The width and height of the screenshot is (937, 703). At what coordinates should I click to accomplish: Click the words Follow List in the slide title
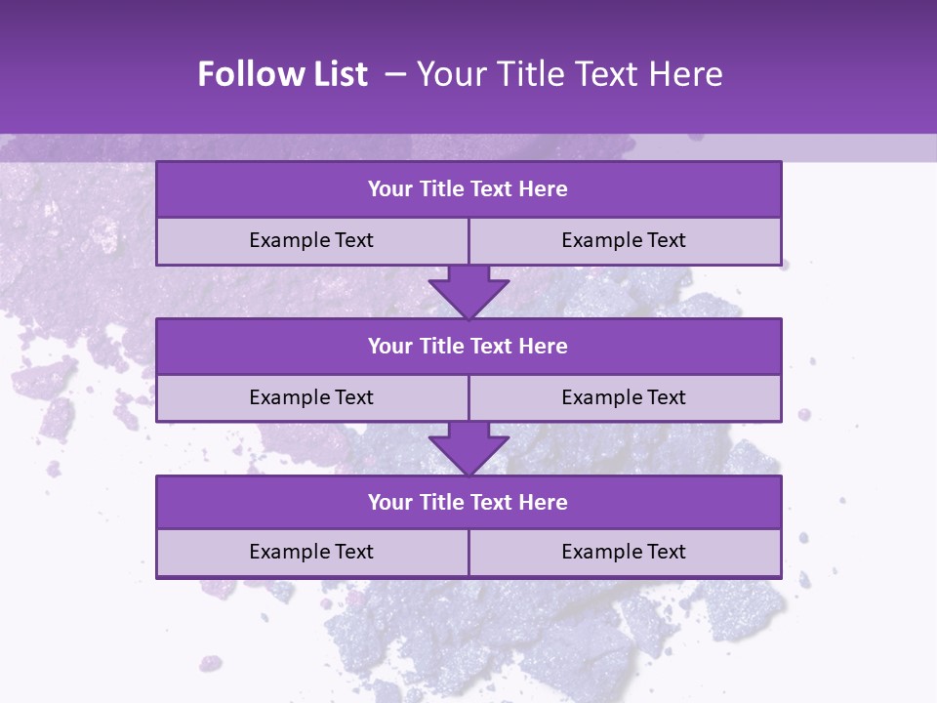pyautogui.click(x=282, y=74)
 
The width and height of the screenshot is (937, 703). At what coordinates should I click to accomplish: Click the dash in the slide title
pyautogui.click(x=395, y=74)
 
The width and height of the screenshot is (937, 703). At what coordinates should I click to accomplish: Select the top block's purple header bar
pyautogui.click(x=468, y=189)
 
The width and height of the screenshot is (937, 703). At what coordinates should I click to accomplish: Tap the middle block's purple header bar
pyautogui.click(x=468, y=347)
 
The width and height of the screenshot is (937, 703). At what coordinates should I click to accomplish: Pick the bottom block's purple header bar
pyautogui.click(x=468, y=503)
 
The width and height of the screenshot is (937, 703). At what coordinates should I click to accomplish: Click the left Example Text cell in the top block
pyautogui.click(x=311, y=241)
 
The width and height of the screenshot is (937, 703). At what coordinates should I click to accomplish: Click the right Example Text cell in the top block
pyautogui.click(x=625, y=241)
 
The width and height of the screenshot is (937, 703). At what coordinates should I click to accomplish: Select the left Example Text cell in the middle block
pyautogui.click(x=311, y=398)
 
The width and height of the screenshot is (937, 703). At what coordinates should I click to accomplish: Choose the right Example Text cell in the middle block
pyautogui.click(x=625, y=398)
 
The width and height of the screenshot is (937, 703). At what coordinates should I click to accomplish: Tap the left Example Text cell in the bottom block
pyautogui.click(x=311, y=553)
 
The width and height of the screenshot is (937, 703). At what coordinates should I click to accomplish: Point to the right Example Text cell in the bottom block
pyautogui.click(x=625, y=553)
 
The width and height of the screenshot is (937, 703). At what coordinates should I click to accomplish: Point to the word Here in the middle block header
pyautogui.click(x=544, y=347)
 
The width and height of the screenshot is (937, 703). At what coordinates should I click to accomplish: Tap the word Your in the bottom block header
pyautogui.click(x=390, y=503)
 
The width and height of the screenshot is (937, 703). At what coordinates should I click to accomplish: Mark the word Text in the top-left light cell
pyautogui.click(x=353, y=241)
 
